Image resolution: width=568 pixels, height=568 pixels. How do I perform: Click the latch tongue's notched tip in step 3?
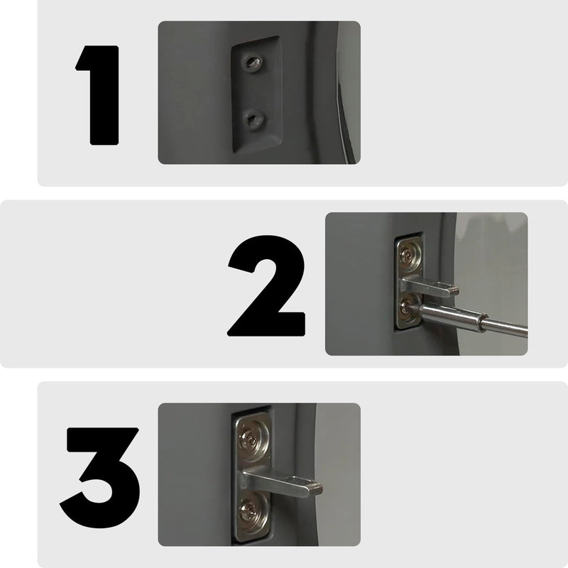point(313,488)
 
